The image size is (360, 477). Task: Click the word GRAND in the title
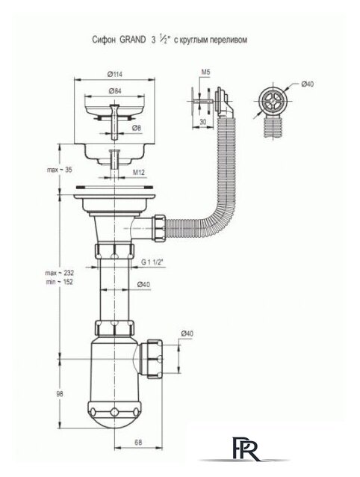[132, 40]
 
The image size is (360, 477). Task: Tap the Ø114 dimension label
[114, 74]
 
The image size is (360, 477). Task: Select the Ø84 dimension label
[114, 91]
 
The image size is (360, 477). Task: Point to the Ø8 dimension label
[137, 128]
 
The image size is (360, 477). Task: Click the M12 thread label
[138, 173]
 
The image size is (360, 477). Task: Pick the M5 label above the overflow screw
[205, 72]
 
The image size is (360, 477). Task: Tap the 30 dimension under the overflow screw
[203, 121]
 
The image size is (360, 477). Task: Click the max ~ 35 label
[60, 170]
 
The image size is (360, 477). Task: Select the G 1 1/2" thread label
[152, 262]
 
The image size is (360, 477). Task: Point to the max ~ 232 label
[60, 272]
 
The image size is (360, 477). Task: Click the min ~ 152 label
[60, 282]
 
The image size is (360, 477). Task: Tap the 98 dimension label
[60, 394]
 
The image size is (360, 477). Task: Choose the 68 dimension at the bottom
[138, 443]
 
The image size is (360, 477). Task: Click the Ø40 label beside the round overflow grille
[307, 84]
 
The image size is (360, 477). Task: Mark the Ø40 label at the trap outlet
[187, 333]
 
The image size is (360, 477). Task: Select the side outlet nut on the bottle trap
[155, 359]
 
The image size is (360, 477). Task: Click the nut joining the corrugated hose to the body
[160, 229]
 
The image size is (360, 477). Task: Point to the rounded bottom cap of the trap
[114, 416]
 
